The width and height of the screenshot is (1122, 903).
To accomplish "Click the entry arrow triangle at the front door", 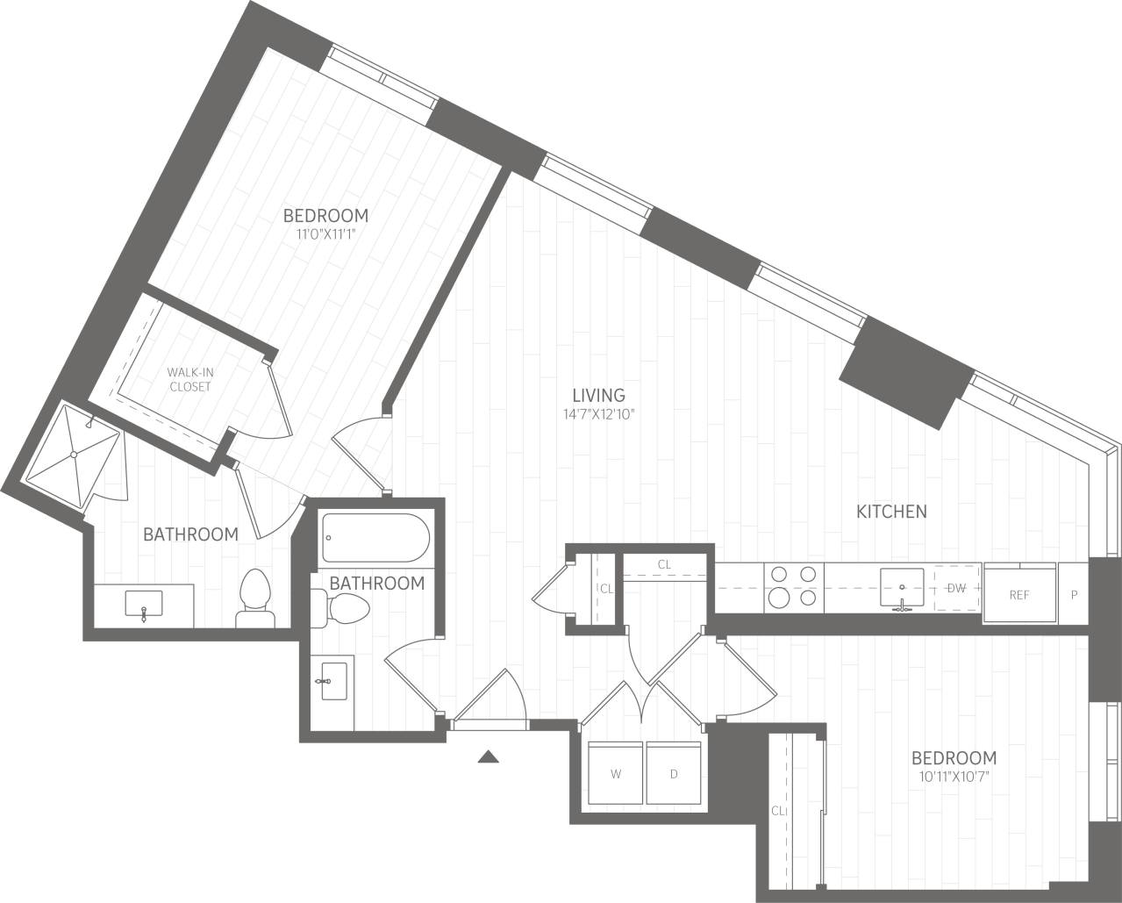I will point(489,756).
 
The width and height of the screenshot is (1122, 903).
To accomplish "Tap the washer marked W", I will point(616,773).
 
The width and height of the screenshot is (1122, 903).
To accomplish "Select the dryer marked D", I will point(674,773).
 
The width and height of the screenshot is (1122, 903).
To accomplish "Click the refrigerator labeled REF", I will point(1018,594).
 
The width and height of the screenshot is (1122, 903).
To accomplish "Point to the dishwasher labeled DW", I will point(956,589).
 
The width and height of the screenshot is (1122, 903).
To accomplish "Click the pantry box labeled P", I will point(1074,594).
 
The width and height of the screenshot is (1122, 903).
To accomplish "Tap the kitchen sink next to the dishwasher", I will point(901,587).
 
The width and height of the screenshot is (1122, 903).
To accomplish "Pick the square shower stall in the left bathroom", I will point(75,454).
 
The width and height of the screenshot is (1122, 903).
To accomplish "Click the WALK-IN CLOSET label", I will point(190,379).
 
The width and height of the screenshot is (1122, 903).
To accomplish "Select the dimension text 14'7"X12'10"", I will point(598,413).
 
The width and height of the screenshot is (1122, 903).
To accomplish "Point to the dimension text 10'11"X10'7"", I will point(954,776).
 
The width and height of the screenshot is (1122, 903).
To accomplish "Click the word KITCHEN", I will point(891,511).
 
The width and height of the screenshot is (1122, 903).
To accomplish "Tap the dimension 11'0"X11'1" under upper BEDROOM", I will point(325,233).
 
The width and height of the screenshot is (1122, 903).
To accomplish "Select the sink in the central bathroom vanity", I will point(332,680).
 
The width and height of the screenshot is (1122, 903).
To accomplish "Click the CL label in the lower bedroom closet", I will point(777,811).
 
